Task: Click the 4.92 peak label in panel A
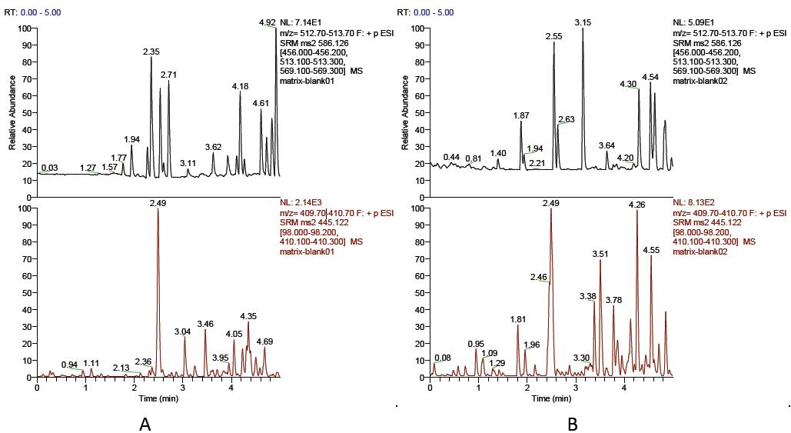tap(266, 23)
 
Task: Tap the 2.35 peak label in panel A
tap(151, 52)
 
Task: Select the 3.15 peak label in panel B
tap(582, 23)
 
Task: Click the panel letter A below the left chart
tap(144, 422)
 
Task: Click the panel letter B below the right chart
tap(572, 422)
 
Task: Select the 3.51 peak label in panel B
tap(600, 254)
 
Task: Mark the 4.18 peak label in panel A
tap(240, 86)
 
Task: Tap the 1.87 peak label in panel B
tap(521, 115)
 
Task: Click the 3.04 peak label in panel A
tap(182, 331)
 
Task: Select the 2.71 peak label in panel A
tap(169, 75)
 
